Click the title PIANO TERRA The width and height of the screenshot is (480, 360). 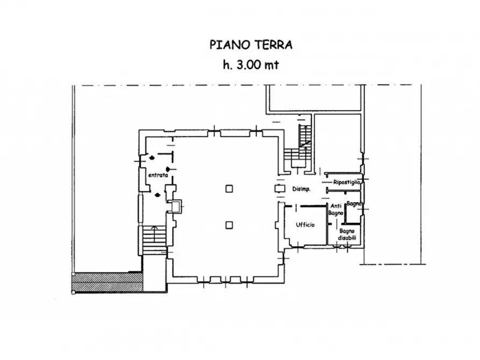[x=250, y=45]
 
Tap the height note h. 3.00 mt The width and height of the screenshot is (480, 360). [x=250, y=64]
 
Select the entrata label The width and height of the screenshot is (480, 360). [x=157, y=175]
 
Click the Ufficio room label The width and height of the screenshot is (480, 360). [x=305, y=225]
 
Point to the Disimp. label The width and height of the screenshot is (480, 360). [x=301, y=189]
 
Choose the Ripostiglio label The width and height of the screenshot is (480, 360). [x=346, y=183]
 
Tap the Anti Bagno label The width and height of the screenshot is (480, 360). [x=336, y=210]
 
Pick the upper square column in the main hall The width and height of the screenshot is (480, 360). [x=230, y=188]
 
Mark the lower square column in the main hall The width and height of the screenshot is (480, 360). [x=230, y=225]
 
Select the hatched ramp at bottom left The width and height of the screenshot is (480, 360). [x=108, y=282]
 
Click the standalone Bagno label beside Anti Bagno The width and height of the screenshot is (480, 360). [x=354, y=204]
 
